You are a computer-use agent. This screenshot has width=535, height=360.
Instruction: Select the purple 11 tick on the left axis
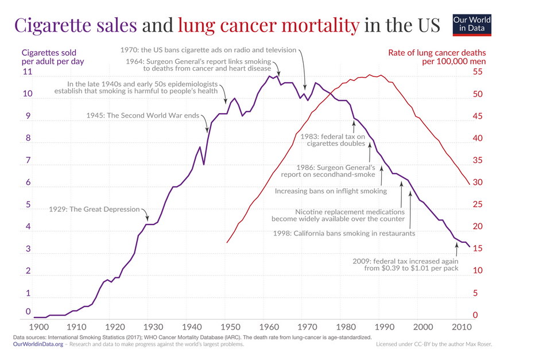tap(27, 72)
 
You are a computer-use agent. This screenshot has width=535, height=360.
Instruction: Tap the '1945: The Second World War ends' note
tap(142, 115)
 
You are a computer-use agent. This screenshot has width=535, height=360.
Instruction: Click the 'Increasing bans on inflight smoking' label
tap(331, 191)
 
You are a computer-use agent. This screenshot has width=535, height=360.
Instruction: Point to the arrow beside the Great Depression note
tap(146, 215)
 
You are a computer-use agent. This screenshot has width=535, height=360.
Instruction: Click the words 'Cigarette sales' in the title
tap(75, 25)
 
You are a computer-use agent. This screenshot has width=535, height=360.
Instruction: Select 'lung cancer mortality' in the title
tap(269, 25)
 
